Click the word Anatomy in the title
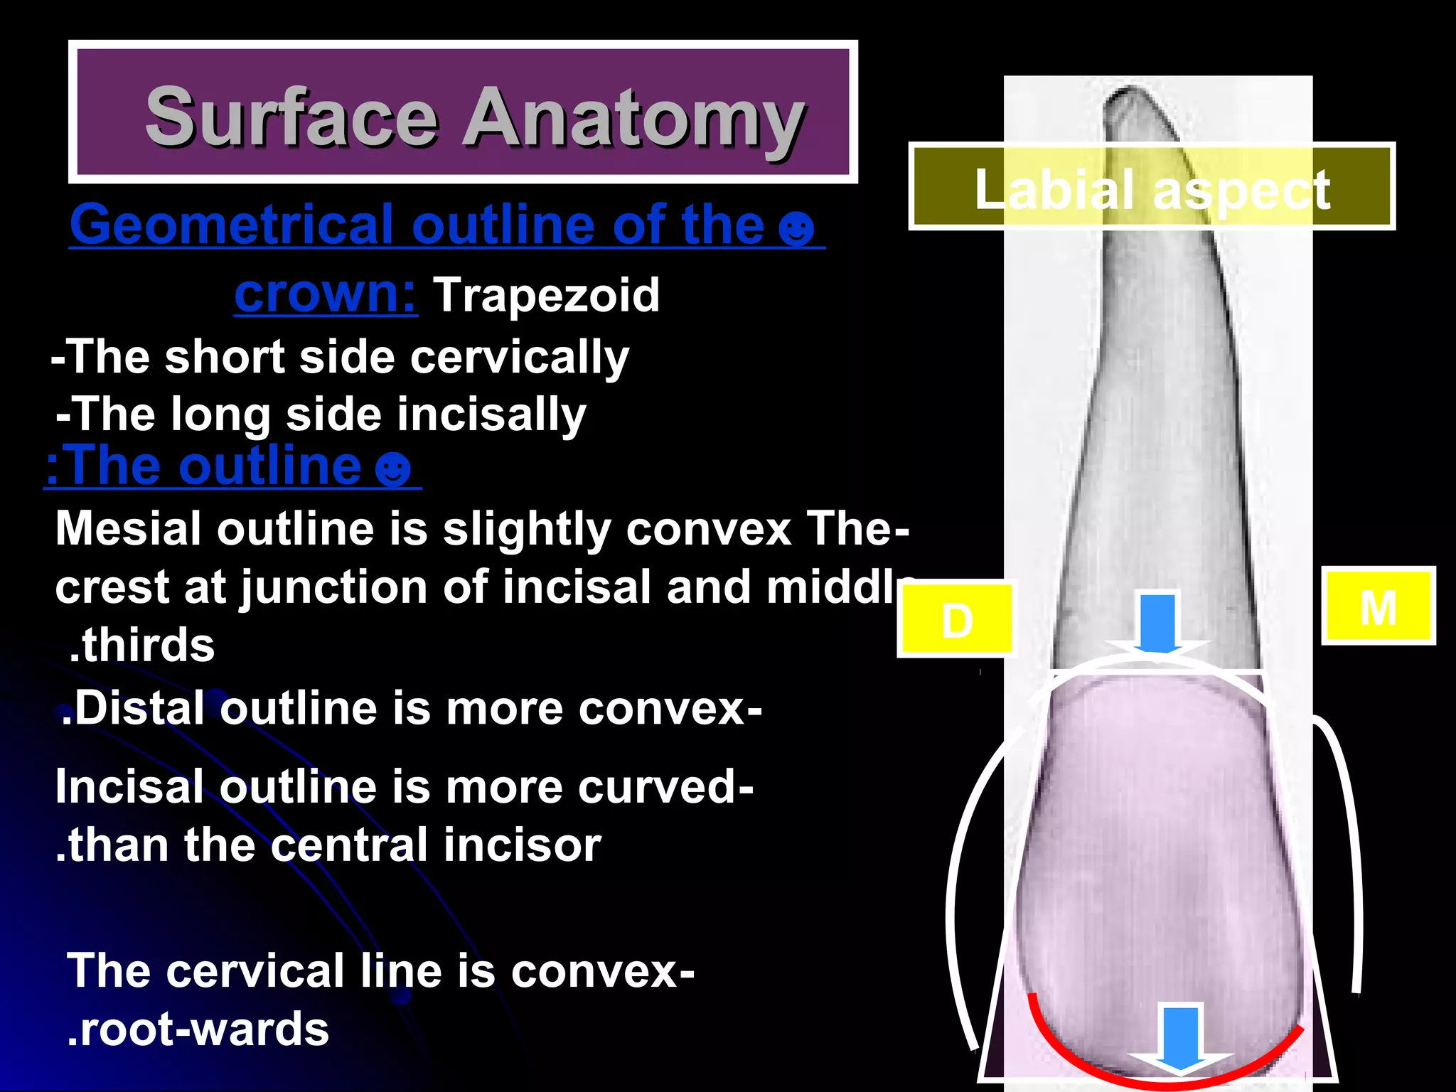pyautogui.click(x=635, y=119)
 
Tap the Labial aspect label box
pyautogui.click(x=1151, y=188)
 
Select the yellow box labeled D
pyautogui.click(x=956, y=620)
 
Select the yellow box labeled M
pyautogui.click(x=1378, y=607)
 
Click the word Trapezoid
pyautogui.click(x=546, y=294)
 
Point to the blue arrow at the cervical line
pyautogui.click(x=1157, y=624)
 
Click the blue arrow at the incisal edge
pyautogui.click(x=1180, y=1037)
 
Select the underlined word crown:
pyautogui.click(x=326, y=294)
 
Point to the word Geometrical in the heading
pyautogui.click(x=232, y=225)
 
